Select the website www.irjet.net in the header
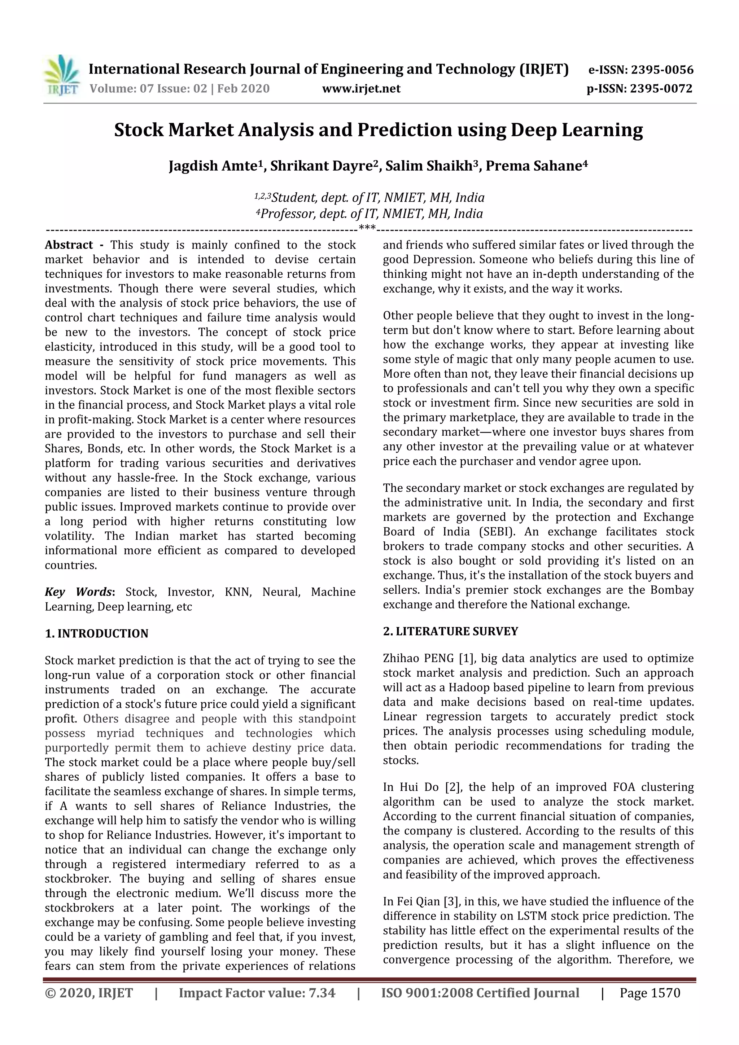[361, 89]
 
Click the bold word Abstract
[69, 245]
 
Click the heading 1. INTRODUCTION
[97, 633]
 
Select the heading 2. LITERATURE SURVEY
[450, 631]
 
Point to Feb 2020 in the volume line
[243, 89]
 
